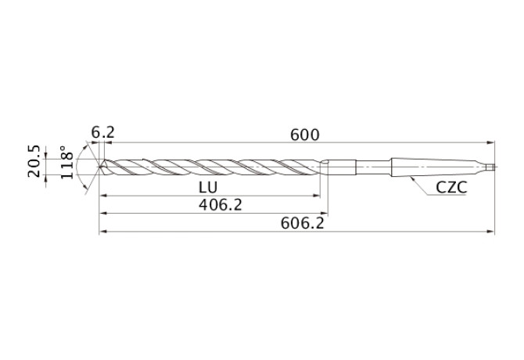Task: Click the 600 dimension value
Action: (305, 135)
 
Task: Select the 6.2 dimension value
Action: (103, 133)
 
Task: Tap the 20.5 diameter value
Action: (34, 161)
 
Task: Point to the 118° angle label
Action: (66, 162)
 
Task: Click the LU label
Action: (208, 188)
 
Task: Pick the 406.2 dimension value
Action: (221, 204)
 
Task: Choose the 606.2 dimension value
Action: (303, 223)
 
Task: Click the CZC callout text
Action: (451, 188)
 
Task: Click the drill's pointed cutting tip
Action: (99, 167)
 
